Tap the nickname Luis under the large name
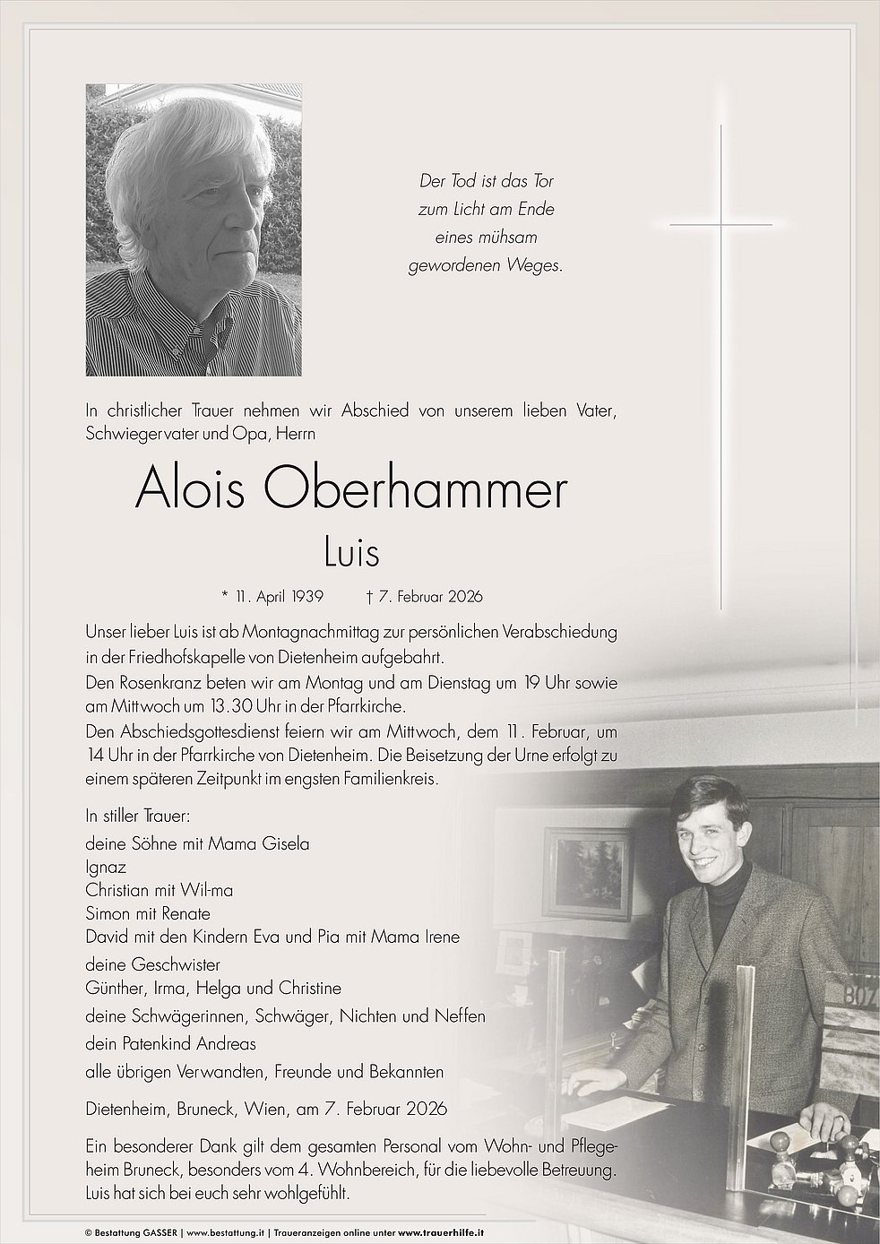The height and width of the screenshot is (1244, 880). point(351,553)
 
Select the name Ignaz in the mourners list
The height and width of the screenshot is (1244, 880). point(106,868)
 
